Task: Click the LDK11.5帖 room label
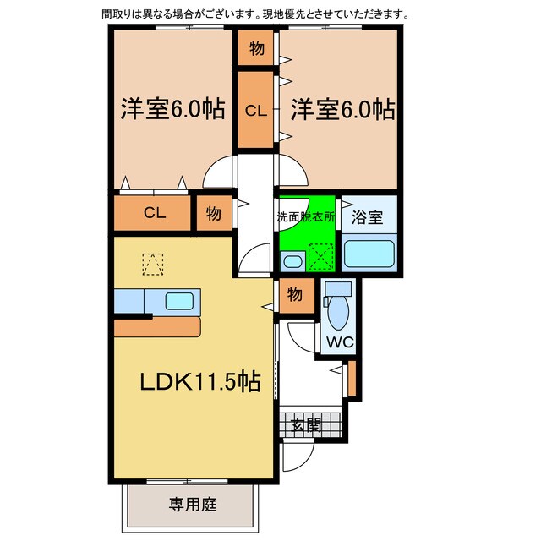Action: pos(200,381)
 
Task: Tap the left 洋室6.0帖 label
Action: pos(172,109)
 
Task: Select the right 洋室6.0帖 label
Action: pos(343,109)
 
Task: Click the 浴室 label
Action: pos(367,217)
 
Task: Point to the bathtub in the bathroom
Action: pos(369,254)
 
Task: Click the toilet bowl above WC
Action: pos(338,311)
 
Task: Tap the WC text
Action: pos(340,342)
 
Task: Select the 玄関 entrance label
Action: pos(306,424)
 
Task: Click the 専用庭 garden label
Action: pos(193,505)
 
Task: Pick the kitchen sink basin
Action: pos(179,301)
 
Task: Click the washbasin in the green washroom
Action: pos(293,261)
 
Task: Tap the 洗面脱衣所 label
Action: pos(306,217)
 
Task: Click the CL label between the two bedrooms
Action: pos(256,111)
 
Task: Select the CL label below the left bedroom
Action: pos(155,212)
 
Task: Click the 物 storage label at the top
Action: pos(257,48)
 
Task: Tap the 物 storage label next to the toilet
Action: pos(295,294)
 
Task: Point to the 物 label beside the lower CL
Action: pos(214,214)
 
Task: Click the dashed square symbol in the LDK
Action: pos(153,265)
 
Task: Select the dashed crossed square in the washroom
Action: pos(321,257)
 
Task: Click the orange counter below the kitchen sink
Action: pos(157,327)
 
